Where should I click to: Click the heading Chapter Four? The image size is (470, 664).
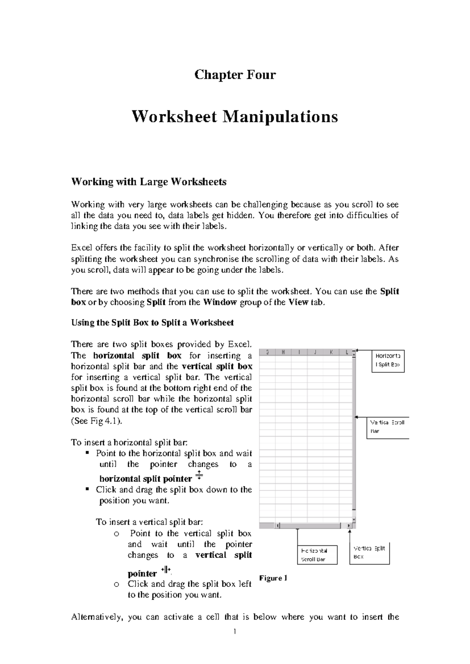tap(235, 74)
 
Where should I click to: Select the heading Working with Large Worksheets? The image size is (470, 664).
tap(148, 182)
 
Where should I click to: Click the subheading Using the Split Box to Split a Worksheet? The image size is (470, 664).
tap(152, 323)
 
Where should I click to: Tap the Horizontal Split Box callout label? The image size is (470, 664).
tap(387, 360)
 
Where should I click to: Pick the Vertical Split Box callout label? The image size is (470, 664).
tap(369, 552)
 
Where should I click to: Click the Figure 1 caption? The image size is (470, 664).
tap(273, 578)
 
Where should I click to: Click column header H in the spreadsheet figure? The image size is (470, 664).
tap(283, 352)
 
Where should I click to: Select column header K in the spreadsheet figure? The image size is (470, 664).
tap(331, 352)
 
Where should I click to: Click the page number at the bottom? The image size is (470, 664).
tap(234, 631)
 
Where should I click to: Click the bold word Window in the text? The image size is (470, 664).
tap(220, 302)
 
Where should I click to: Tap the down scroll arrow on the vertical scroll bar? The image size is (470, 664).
tap(354, 520)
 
